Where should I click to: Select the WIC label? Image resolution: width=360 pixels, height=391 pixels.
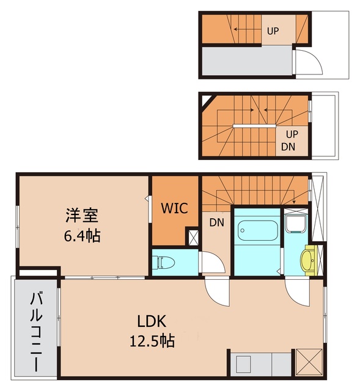(175, 207)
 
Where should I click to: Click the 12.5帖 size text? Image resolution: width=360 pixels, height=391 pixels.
(152, 340)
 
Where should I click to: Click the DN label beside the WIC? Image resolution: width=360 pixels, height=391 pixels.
(216, 222)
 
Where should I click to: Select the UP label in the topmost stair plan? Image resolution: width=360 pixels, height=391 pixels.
(273, 30)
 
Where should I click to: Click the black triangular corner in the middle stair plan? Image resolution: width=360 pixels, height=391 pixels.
(207, 99)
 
